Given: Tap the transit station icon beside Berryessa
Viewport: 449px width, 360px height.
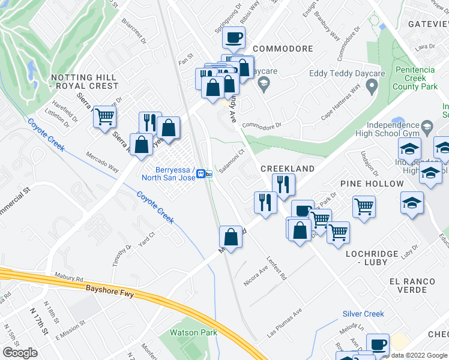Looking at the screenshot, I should click(x=205, y=174).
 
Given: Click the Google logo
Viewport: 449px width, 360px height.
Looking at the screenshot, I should click(x=20, y=353).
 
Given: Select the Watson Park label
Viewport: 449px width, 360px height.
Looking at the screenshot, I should click(x=193, y=332).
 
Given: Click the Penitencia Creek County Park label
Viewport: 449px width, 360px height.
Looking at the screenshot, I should click(x=415, y=79).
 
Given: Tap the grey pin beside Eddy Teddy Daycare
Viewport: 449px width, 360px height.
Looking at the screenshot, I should click(x=372, y=88).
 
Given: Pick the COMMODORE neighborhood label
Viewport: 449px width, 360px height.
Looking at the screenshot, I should click(x=283, y=49).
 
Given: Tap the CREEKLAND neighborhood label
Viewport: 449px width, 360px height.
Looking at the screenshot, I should click(x=288, y=169).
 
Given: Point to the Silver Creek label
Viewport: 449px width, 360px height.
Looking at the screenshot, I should click(x=363, y=314).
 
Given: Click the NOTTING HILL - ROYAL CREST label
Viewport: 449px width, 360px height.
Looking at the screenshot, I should click(x=85, y=82).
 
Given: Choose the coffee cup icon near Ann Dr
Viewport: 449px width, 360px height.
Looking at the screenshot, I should click(x=377, y=344).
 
